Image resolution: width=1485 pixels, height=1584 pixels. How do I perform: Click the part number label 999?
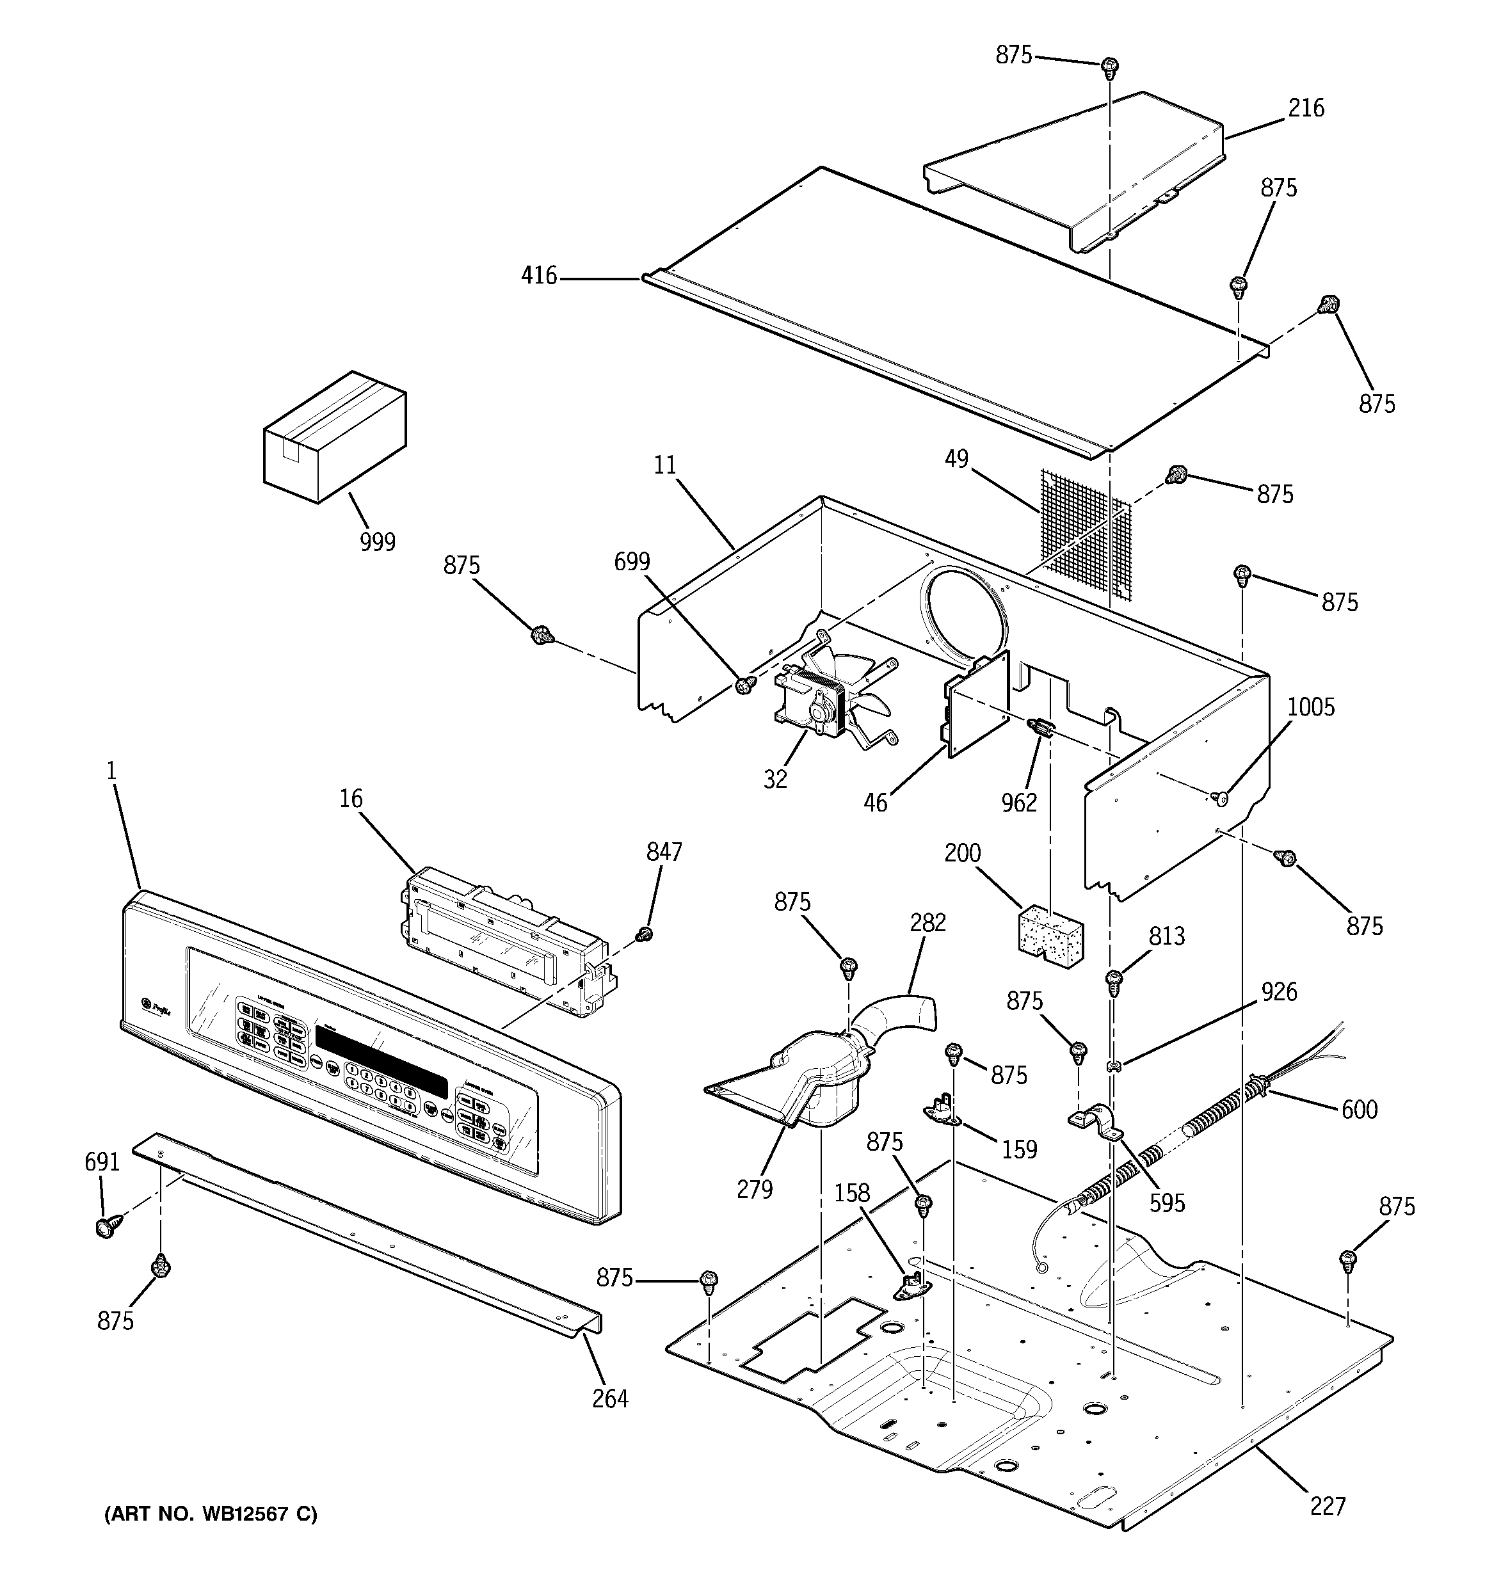click(x=377, y=542)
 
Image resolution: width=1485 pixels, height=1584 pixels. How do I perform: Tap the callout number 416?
click(x=539, y=276)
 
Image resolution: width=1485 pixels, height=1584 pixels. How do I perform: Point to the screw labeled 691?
click(x=104, y=1228)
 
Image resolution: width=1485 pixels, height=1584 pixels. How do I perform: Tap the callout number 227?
click(x=1327, y=1506)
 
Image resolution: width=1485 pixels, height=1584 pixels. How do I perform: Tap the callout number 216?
click(x=1306, y=108)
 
